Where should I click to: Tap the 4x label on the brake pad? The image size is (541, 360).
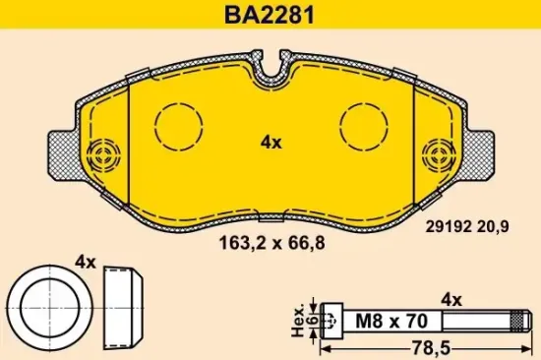[x=270, y=142]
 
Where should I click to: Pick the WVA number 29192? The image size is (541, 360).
[x=449, y=225]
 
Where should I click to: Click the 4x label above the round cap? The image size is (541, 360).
[x=85, y=263]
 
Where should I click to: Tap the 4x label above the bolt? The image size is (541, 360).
[x=451, y=297]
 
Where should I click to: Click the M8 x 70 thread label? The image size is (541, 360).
[x=377, y=319]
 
